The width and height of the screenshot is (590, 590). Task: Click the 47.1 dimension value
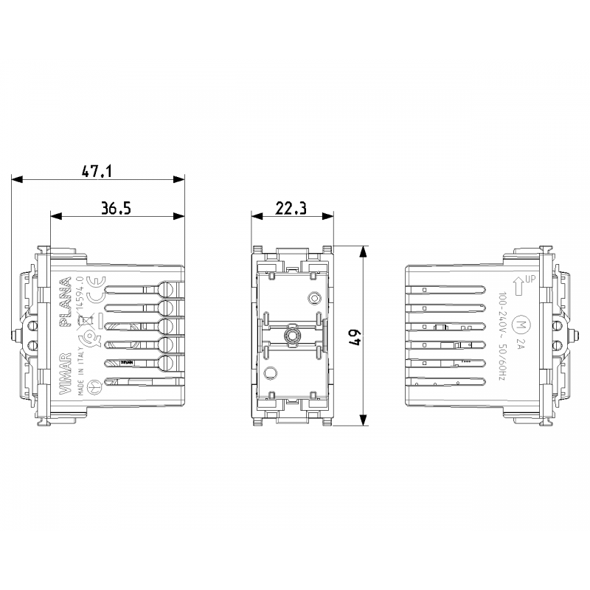pyautogui.click(x=97, y=171)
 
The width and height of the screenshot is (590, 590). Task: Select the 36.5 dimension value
pyautogui.click(x=116, y=208)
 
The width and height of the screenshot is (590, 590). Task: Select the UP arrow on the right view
pyautogui.click(x=519, y=282)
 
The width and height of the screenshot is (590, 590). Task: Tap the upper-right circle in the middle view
pyautogui.click(x=314, y=299)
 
